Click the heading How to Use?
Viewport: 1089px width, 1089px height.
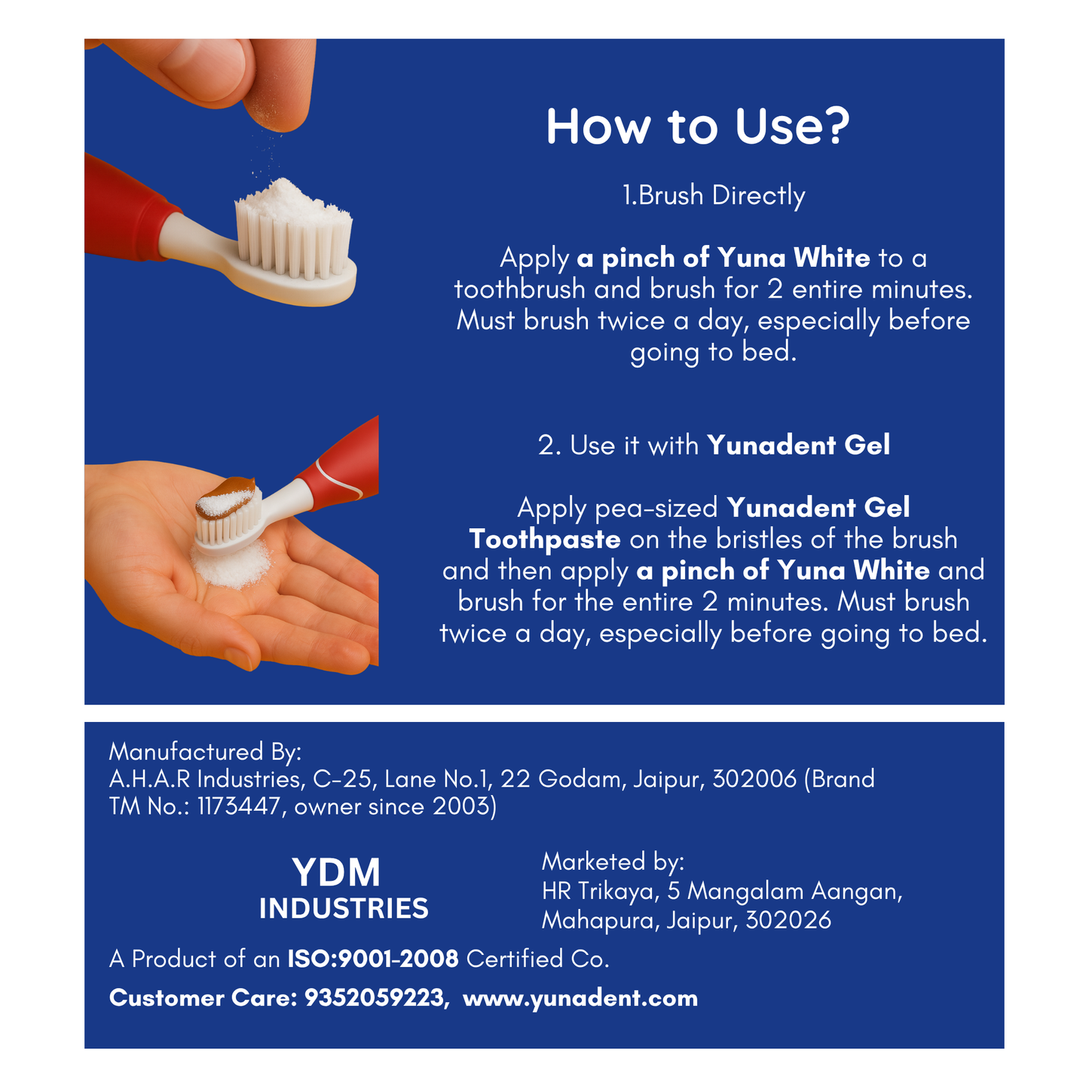tap(697, 127)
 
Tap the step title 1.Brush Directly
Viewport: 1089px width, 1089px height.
tap(713, 195)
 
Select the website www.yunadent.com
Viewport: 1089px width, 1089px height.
tap(580, 998)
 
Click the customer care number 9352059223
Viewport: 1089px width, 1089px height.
tap(374, 998)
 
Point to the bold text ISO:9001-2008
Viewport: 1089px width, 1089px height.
tap(372, 959)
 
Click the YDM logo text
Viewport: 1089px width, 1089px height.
tap(336, 873)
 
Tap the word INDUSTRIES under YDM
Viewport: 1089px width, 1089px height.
tap(344, 909)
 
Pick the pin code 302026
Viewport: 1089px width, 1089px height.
tap(788, 920)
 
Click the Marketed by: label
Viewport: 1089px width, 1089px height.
tap(613, 861)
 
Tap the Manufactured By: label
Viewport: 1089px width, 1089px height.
tap(205, 751)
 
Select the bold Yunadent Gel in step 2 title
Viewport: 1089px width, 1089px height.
tap(798, 445)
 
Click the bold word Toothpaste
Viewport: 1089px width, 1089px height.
tap(544, 539)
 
